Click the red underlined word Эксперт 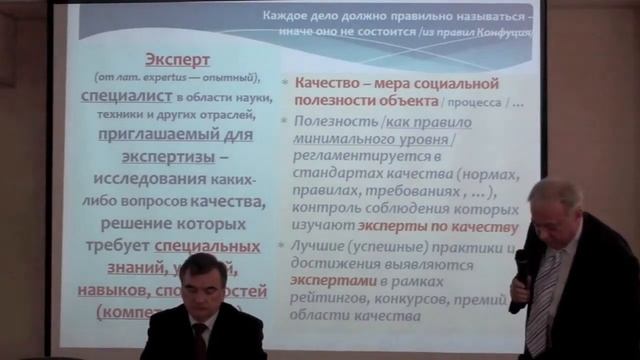pyautogui.click(x=178, y=59)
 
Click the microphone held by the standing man pyautogui.click(x=521, y=266)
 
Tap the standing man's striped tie pyautogui.click(x=539, y=300)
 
